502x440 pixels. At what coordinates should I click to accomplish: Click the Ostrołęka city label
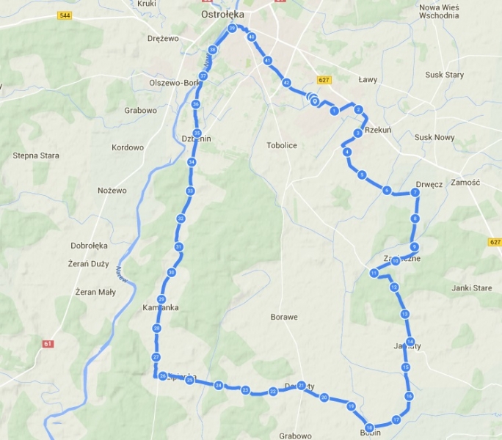[x=222, y=14]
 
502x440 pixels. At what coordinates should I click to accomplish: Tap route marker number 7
[x=415, y=192]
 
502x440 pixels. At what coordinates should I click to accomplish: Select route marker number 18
[x=369, y=428]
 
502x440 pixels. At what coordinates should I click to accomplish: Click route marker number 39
[x=232, y=29]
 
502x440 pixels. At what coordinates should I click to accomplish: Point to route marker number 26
[x=162, y=376]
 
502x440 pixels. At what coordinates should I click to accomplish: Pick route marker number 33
[x=190, y=191]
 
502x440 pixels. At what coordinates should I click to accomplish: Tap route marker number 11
[x=374, y=274]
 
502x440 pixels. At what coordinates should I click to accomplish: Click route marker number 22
[x=273, y=392]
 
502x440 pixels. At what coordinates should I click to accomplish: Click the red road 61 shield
[x=48, y=343]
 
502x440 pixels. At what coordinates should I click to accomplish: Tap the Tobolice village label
[x=282, y=145]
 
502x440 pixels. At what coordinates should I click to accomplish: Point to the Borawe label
[x=283, y=318]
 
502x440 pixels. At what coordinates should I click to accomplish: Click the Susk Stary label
[x=444, y=75]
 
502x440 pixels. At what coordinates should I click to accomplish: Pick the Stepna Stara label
[x=36, y=155]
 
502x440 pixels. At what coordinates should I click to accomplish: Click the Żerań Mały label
[x=95, y=292]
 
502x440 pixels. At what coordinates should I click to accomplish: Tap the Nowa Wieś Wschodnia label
[x=438, y=11]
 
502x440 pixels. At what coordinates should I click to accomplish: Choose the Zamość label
[x=465, y=182]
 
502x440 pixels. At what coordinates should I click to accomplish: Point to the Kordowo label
[x=128, y=147]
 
